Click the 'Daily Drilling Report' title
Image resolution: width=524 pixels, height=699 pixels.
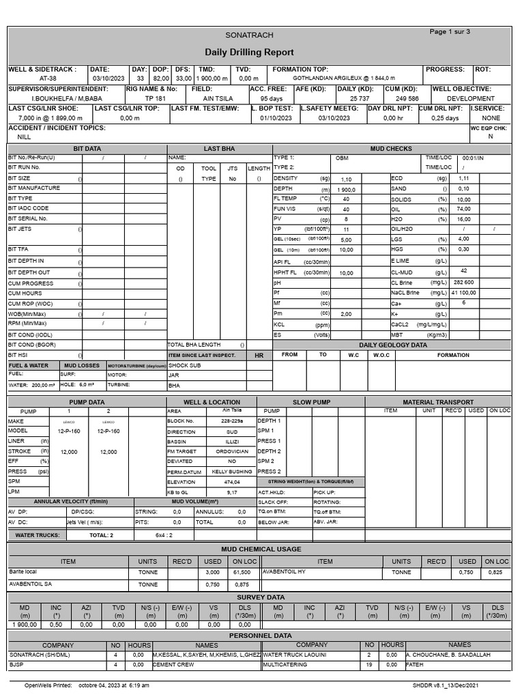[x=249, y=53]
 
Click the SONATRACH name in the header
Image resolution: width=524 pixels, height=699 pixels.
[x=249, y=35]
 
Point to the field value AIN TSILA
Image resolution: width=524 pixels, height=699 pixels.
[x=218, y=98]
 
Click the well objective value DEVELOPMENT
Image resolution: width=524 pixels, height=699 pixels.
[x=471, y=98]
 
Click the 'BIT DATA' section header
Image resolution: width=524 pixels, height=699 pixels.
[x=87, y=148]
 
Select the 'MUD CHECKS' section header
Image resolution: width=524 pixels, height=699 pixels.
[x=390, y=148]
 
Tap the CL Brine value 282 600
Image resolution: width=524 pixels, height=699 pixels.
[x=463, y=282]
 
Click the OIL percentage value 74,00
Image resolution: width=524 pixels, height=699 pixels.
[x=463, y=209]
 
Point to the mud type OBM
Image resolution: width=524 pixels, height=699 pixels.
[x=342, y=158]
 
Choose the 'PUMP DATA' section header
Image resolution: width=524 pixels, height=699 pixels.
[x=87, y=402]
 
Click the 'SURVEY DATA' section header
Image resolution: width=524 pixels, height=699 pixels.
[x=261, y=597]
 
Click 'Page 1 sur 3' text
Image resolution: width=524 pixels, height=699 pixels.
[x=450, y=31]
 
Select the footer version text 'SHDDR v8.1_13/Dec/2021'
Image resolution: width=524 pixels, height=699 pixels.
[x=456, y=685]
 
